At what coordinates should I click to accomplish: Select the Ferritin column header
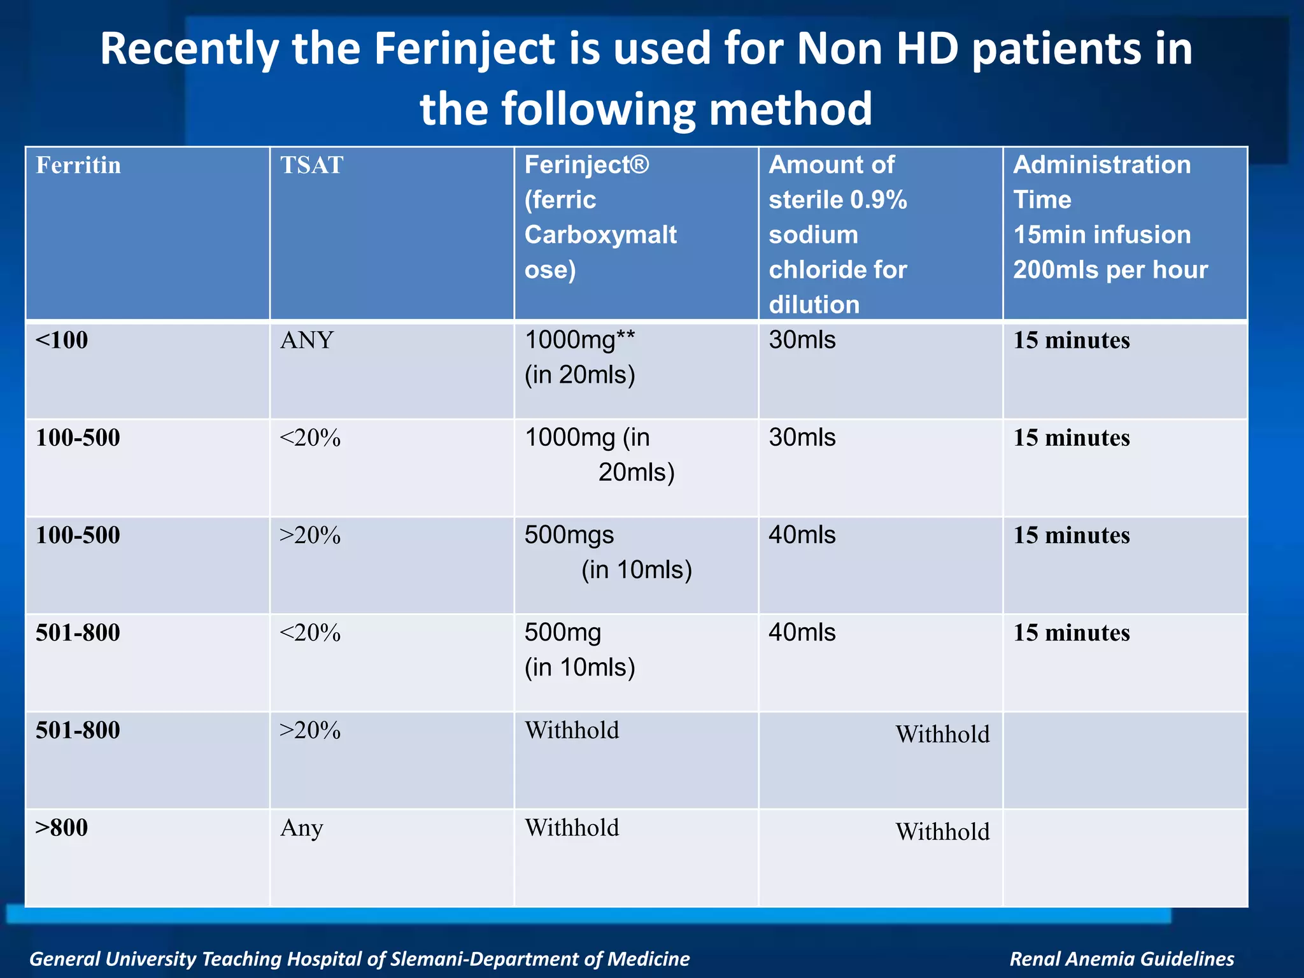click(x=78, y=166)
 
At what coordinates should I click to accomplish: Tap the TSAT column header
click(x=311, y=166)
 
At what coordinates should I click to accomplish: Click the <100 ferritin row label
click(x=62, y=340)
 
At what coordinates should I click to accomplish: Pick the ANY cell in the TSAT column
click(x=307, y=341)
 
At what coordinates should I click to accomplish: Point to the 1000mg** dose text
click(x=579, y=340)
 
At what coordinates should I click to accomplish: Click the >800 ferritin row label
click(x=62, y=828)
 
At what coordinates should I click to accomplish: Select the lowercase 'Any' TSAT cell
click(x=302, y=828)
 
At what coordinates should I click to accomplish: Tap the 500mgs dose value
click(x=569, y=535)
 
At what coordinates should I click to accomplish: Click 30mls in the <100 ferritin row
click(x=802, y=340)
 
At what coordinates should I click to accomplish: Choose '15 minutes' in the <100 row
click(x=1072, y=340)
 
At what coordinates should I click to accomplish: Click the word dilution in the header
click(x=814, y=304)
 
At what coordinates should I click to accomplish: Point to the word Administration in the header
click(x=1102, y=165)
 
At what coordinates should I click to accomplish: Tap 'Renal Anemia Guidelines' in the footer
click(x=1122, y=959)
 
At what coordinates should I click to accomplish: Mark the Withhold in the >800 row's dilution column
click(x=942, y=832)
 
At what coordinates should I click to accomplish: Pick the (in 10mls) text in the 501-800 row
click(x=579, y=667)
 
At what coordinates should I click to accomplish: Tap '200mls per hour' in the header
click(x=1110, y=270)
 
